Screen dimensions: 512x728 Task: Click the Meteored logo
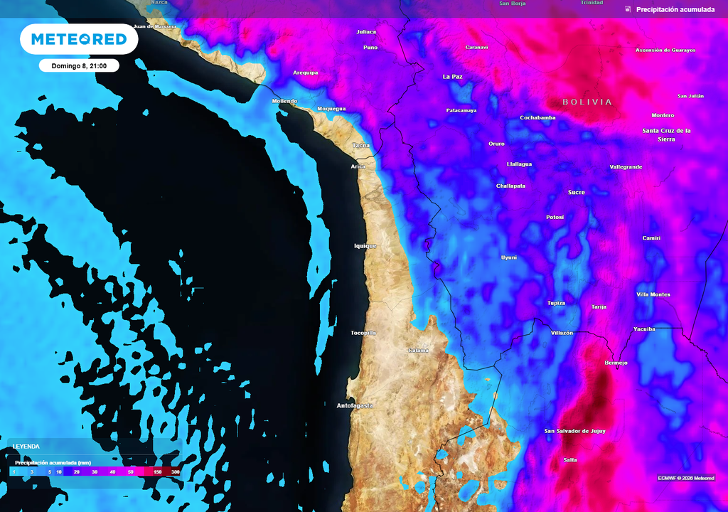pyautogui.click(x=79, y=39)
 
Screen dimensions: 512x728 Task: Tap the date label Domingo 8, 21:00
pyautogui.click(x=79, y=65)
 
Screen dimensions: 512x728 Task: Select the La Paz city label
pyautogui.click(x=453, y=76)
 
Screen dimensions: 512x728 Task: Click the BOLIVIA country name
pyautogui.click(x=587, y=102)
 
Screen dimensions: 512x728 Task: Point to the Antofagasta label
pyautogui.click(x=355, y=405)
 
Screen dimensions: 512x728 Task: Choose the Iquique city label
pyautogui.click(x=365, y=246)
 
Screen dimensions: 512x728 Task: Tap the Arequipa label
pyautogui.click(x=306, y=73)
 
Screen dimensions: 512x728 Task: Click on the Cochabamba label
pyautogui.click(x=537, y=117)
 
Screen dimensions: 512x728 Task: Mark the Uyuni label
pyautogui.click(x=509, y=257)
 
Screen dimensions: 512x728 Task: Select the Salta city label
pyautogui.click(x=570, y=460)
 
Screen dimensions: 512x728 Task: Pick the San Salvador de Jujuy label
pyautogui.click(x=575, y=431)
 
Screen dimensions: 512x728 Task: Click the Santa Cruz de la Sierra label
pyautogui.click(x=667, y=134)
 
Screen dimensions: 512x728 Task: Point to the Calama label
pyautogui.click(x=419, y=351)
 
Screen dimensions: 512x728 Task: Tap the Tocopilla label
pyautogui.click(x=363, y=333)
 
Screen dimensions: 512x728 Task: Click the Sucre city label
pyautogui.click(x=577, y=192)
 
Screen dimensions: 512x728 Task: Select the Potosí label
pyautogui.click(x=555, y=217)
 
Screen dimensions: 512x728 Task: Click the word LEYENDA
pyautogui.click(x=27, y=447)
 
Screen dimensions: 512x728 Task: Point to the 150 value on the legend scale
pyautogui.click(x=158, y=471)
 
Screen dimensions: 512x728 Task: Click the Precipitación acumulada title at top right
pyautogui.click(x=675, y=9)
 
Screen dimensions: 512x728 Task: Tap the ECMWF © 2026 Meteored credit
pyautogui.click(x=686, y=478)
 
